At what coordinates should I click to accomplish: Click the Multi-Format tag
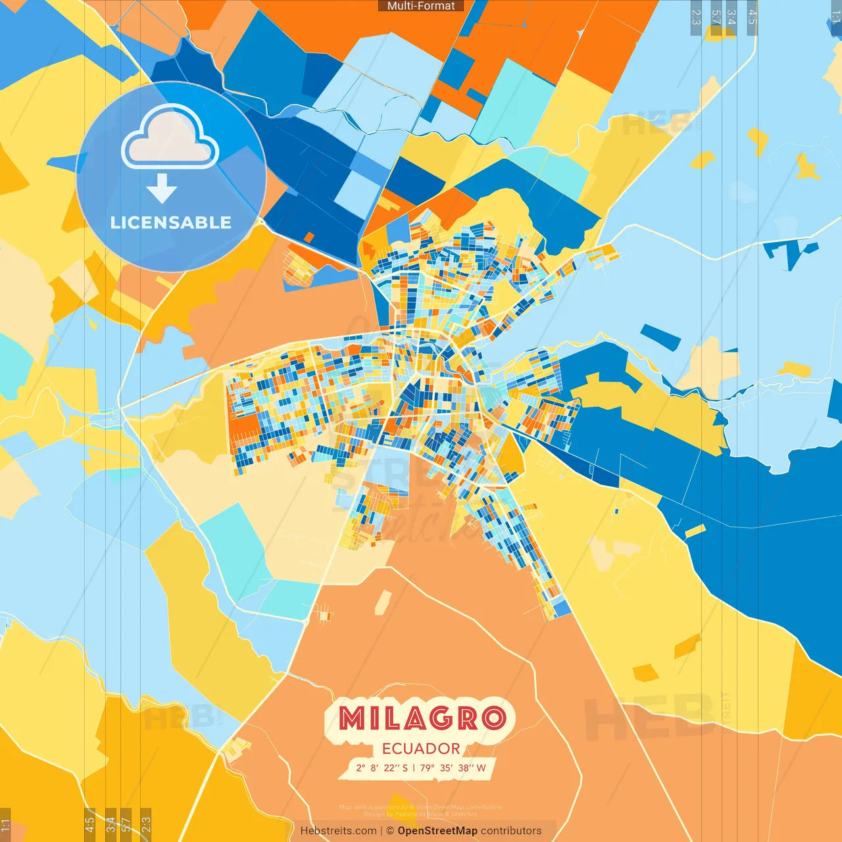(x=421, y=6)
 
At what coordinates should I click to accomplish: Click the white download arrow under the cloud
(x=162, y=188)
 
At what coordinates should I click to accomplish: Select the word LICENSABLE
(x=171, y=222)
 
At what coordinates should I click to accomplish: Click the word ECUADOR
(x=421, y=749)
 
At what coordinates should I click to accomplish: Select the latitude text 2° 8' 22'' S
(x=382, y=768)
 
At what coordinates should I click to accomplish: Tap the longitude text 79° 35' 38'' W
(x=453, y=768)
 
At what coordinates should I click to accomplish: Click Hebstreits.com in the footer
(x=338, y=831)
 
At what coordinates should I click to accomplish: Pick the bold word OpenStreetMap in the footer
(x=437, y=831)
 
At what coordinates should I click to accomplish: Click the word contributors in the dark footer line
(x=511, y=831)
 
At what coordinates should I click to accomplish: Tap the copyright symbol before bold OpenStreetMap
(x=390, y=831)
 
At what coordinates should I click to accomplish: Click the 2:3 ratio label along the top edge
(x=696, y=17)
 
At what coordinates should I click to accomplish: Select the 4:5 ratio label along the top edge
(x=753, y=17)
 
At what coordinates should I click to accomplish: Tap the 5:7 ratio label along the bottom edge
(x=126, y=824)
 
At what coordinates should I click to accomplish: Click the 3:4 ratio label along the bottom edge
(x=111, y=824)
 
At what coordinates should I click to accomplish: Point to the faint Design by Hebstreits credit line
(x=420, y=814)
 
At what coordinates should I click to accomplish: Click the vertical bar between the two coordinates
(x=414, y=768)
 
